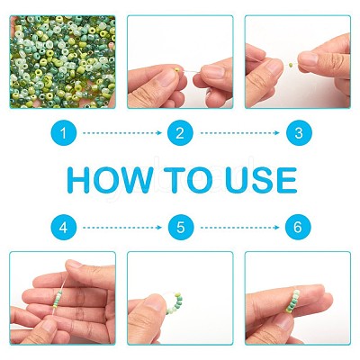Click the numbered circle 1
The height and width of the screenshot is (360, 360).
coord(63,133)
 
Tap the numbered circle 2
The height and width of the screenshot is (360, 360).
coord(180,133)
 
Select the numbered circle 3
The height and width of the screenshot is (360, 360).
coord(299,133)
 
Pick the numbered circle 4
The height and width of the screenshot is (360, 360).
coord(63,228)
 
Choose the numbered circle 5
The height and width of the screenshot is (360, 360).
coord(181,228)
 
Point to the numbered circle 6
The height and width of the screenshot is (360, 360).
coord(298,228)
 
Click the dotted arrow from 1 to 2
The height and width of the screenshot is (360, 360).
coord(122,133)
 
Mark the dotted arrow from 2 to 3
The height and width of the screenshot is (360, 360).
coord(239,133)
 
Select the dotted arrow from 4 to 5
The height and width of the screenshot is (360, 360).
coord(122,228)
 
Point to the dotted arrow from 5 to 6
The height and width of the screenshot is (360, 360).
coord(239,228)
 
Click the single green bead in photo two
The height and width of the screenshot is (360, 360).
coord(177,70)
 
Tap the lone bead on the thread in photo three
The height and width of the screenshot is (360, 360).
coord(291,65)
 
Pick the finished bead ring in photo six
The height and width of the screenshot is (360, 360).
coord(292,301)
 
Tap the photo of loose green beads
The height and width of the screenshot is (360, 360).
coord(63,62)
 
